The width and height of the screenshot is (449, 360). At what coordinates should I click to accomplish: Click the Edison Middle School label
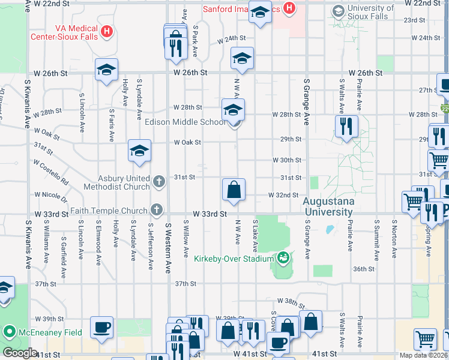tap(185, 122)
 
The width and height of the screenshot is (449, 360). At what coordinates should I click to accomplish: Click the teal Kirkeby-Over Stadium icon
tap(283, 259)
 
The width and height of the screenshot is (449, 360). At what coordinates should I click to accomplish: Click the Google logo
tap(19, 353)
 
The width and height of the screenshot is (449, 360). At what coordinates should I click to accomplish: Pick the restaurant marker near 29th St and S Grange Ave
tap(346, 126)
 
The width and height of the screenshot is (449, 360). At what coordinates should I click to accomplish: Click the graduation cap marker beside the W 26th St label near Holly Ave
tap(106, 70)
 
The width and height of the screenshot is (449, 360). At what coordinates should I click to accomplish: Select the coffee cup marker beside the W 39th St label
tap(101, 328)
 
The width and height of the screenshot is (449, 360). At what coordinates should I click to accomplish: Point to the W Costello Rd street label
tap(51, 172)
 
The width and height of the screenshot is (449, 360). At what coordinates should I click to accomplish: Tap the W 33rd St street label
tap(209, 214)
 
